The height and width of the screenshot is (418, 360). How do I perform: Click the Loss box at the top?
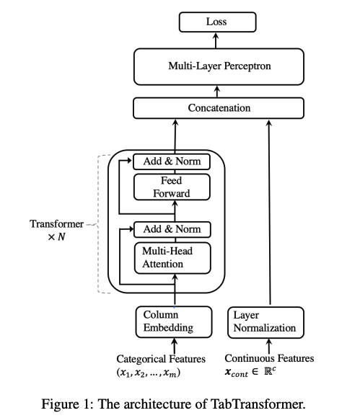coord(216,22)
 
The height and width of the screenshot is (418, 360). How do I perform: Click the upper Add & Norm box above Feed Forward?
coord(172,161)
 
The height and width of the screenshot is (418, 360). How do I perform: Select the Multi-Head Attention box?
coord(172,256)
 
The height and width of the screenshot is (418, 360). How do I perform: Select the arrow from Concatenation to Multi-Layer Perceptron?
coord(216,92)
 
